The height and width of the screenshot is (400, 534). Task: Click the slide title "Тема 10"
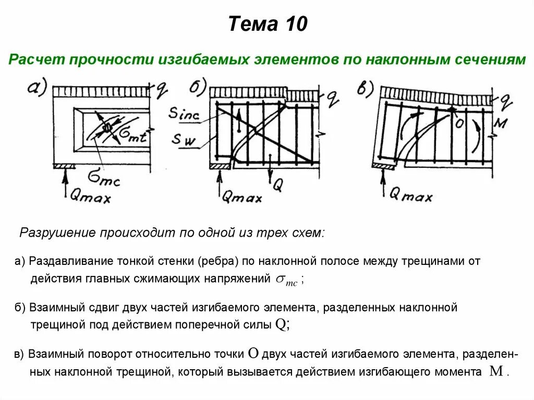click(268, 24)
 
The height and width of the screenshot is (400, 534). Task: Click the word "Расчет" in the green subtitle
click(32, 59)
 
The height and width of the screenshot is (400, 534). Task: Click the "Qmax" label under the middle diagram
click(241, 197)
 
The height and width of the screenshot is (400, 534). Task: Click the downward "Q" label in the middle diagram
click(277, 185)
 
